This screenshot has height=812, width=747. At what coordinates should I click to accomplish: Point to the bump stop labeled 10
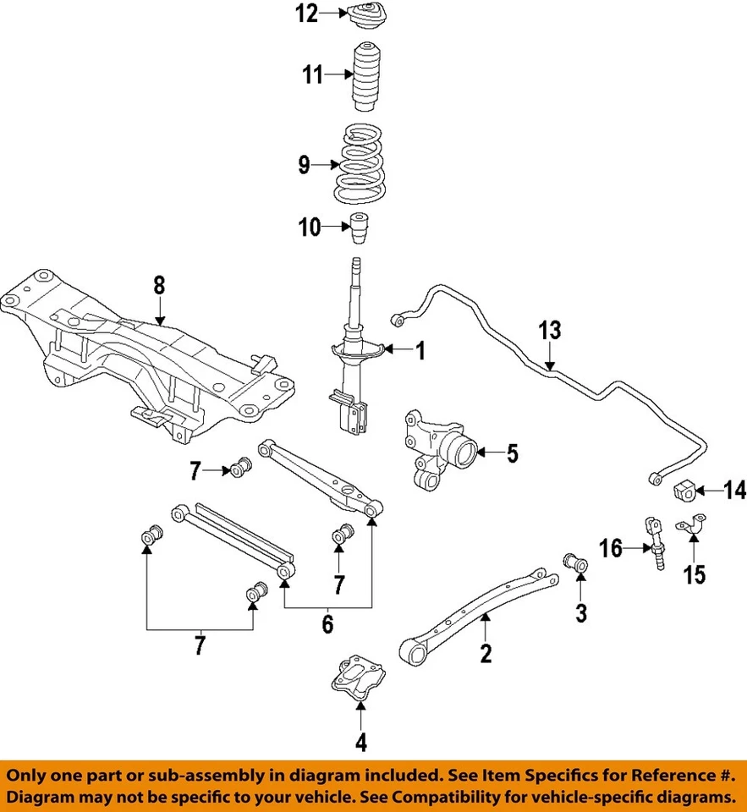pyautogui.click(x=362, y=228)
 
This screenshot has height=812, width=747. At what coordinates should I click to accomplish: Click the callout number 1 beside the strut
pyautogui.click(x=418, y=350)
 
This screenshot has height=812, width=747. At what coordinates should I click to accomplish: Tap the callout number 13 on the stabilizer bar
pyautogui.click(x=550, y=331)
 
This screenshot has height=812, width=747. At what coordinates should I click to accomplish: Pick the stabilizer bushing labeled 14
pyautogui.click(x=684, y=490)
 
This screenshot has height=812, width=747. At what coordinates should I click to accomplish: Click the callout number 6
pyautogui.click(x=327, y=625)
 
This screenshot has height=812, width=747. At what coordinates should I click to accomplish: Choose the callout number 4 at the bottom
pyautogui.click(x=360, y=743)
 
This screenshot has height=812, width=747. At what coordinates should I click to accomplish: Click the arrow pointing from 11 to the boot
pyautogui.click(x=338, y=75)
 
